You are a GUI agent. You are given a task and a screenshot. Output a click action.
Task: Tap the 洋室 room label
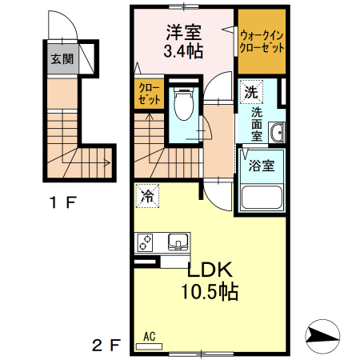pos(184,34)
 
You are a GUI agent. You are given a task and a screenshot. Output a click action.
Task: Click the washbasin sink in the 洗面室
pos(276,132)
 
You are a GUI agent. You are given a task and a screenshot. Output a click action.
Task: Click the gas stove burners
pos(149,241)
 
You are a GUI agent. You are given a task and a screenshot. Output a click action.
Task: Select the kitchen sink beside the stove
pos(178,241)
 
